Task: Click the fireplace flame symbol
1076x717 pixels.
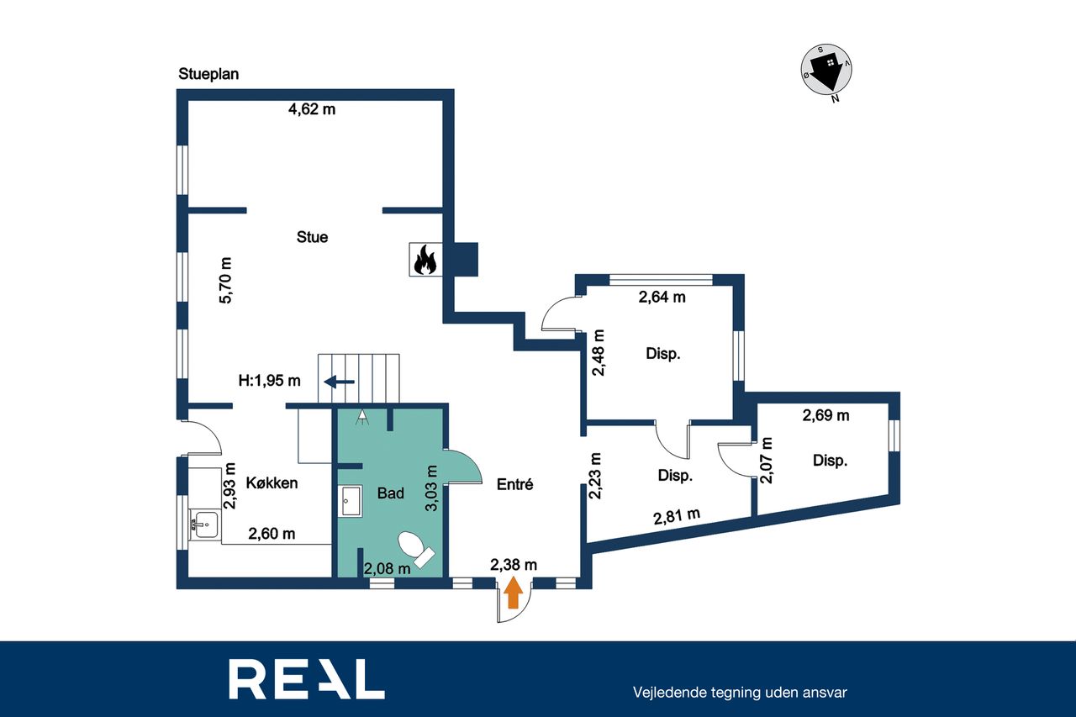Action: (x=425, y=260)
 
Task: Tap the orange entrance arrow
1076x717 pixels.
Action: (x=514, y=593)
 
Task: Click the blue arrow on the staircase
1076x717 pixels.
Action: (x=339, y=382)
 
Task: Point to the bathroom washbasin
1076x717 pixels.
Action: (x=351, y=501)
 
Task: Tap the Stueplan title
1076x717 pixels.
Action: (x=208, y=74)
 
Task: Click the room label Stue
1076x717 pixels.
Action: (x=312, y=237)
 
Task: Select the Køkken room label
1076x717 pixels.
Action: (x=272, y=482)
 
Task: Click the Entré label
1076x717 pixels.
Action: (x=515, y=484)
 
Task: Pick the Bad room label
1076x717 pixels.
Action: (x=391, y=493)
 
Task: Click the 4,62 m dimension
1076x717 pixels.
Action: (x=312, y=109)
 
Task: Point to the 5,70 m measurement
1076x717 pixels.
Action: (x=225, y=281)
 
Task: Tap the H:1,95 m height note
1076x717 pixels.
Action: (x=270, y=381)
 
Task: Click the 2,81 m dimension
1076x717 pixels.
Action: (x=677, y=516)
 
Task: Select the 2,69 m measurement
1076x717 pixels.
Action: (x=825, y=415)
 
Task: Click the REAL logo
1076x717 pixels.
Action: (x=307, y=679)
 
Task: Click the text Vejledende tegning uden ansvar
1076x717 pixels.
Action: (x=740, y=693)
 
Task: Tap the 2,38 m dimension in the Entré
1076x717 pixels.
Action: (x=514, y=565)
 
